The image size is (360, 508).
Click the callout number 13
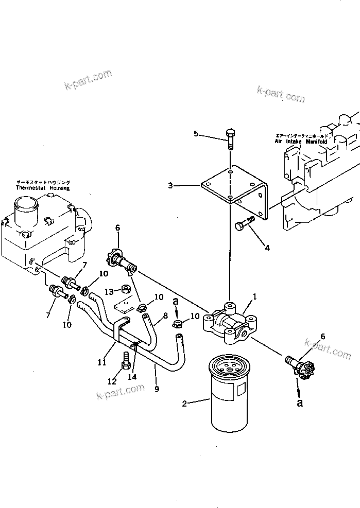(110, 292)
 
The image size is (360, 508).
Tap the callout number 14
(132, 377)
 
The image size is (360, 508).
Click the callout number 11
(102, 362)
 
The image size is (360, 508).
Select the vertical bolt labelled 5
(230, 138)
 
